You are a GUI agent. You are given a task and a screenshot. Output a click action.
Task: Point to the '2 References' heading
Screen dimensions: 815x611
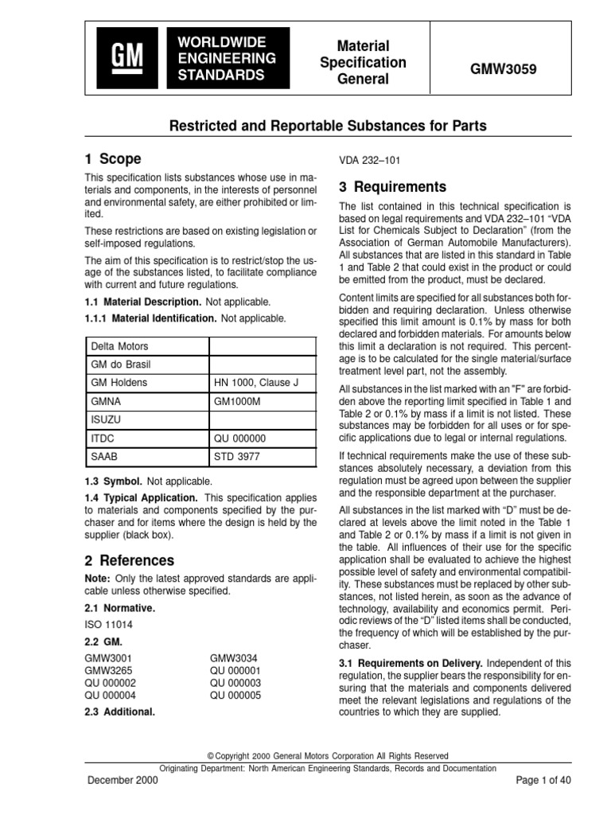tap(130, 561)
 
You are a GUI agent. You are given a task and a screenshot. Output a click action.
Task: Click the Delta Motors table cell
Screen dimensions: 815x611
tap(146, 346)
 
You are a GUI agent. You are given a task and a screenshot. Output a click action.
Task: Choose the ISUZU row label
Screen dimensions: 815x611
tap(146, 419)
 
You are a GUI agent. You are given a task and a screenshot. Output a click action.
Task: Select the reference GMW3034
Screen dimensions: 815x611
tap(234, 657)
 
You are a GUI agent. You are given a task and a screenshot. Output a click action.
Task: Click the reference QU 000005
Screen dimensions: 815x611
tap(236, 693)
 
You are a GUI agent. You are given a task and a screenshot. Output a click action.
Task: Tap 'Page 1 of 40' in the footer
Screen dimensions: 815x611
tap(543, 780)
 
